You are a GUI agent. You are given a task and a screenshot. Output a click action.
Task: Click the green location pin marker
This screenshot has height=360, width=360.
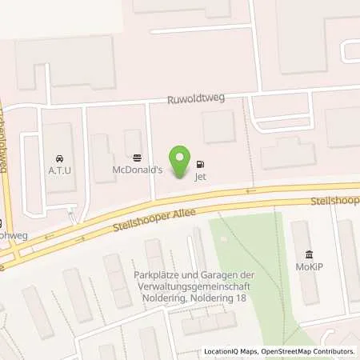[182, 161]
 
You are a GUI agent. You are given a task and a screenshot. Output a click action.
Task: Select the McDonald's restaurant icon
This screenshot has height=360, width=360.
[136, 158]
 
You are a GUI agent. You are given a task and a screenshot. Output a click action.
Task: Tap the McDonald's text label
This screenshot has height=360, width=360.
[136, 170]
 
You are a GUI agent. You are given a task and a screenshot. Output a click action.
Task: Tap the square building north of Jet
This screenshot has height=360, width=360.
[218, 126]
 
